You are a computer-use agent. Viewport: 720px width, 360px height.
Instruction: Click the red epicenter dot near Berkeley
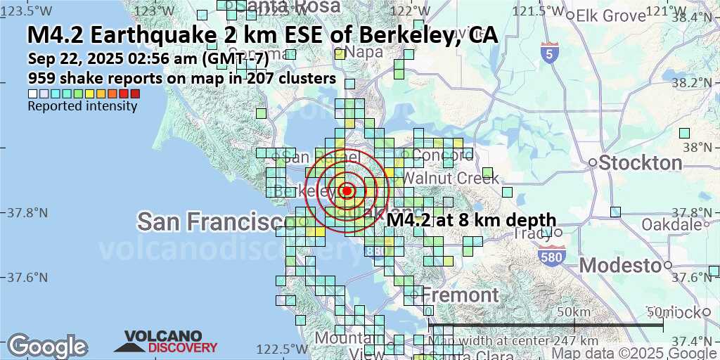click(x=346, y=191)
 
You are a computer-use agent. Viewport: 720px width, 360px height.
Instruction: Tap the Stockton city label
click(x=641, y=163)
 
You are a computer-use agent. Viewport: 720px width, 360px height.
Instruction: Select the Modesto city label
click(x=622, y=265)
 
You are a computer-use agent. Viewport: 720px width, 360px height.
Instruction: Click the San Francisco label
click(x=216, y=222)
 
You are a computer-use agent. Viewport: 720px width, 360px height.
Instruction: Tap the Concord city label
click(x=443, y=155)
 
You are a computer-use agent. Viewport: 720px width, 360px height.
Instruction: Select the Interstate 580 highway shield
click(x=551, y=257)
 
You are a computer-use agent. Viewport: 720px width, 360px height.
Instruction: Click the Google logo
click(x=47, y=346)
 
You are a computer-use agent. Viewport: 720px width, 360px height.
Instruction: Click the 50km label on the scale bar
click(x=572, y=311)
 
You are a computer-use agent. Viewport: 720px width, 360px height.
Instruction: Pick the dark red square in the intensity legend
click(x=135, y=94)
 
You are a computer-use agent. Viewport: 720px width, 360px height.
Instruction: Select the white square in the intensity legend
click(x=32, y=94)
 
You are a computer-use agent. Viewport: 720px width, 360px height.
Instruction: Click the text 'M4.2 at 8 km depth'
click(x=471, y=220)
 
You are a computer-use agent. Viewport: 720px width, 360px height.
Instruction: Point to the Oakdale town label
click(x=671, y=225)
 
